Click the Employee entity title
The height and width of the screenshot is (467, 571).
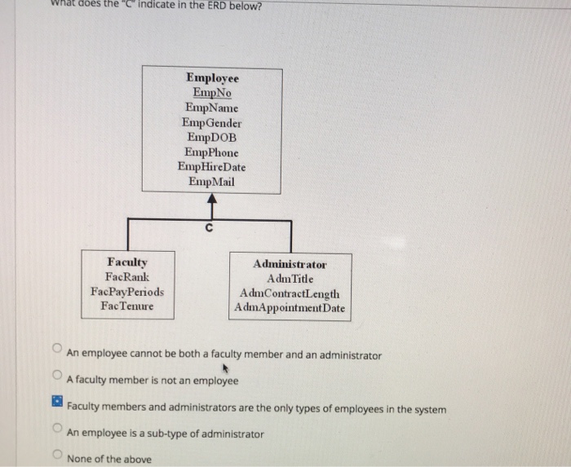[212, 78]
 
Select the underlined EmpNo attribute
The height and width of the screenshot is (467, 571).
[212, 93]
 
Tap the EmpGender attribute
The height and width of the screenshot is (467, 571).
[212, 122]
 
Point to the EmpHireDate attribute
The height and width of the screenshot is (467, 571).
[212, 166]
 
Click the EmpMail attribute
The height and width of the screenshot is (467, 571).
[212, 181]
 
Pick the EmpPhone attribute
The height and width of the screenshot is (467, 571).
[212, 152]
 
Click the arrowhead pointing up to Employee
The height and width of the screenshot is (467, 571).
[211, 199]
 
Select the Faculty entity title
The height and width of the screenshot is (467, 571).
[127, 262]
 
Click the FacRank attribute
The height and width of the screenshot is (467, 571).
[127, 277]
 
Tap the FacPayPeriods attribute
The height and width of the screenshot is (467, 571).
[127, 292]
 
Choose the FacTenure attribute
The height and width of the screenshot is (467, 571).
[127, 306]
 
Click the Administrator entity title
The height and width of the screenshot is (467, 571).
[290, 264]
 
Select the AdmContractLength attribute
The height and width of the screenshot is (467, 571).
[290, 293]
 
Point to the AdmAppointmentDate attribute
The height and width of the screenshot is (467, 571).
[290, 308]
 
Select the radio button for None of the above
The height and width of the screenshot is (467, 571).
[56, 456]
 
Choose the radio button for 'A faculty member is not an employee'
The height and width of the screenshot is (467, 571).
[56, 377]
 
